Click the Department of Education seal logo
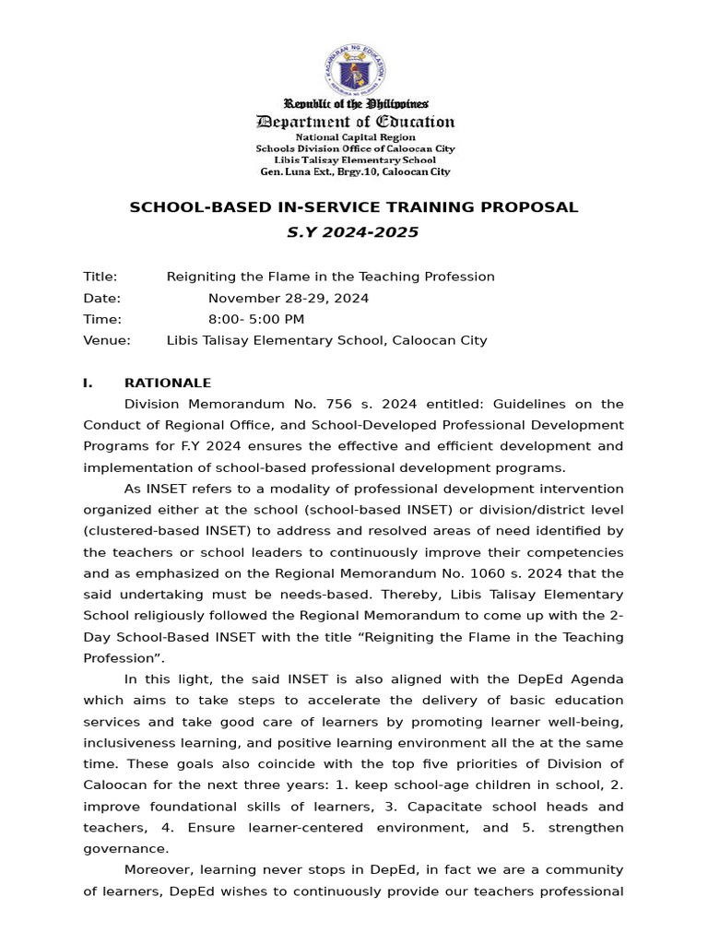pos(354,69)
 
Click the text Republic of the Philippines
pos(355,104)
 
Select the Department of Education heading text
pos(355,122)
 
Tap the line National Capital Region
pos(355,136)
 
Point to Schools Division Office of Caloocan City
pos(355,148)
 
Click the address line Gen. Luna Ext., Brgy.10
pos(355,171)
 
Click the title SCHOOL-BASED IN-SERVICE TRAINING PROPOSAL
pos(354,207)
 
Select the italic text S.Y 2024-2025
pos(354,232)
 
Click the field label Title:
pos(100,277)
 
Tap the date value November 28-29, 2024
pos(289,298)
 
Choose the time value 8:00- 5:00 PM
pos(256,319)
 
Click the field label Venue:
pos(107,340)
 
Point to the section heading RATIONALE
pos(168,383)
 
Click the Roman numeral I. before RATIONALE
pos(89,383)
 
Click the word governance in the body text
pos(126,849)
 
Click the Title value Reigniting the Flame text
pos(330,277)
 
